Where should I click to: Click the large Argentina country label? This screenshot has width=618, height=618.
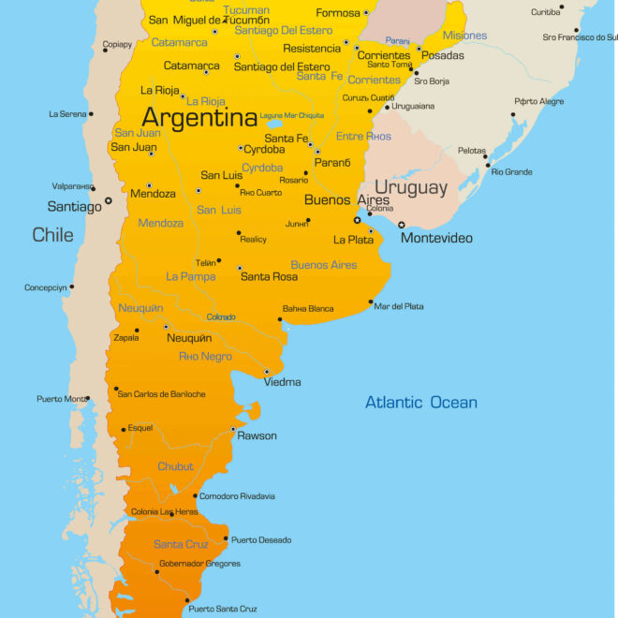coord(199,118)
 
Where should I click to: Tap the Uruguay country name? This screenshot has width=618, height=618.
coord(411,187)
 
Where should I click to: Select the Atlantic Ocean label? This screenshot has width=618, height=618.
coord(420,403)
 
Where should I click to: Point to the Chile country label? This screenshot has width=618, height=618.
coord(52,234)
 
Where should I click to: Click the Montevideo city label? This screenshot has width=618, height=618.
coord(436,238)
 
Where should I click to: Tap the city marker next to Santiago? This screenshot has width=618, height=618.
coord(109,199)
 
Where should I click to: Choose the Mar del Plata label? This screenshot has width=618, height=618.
coord(398,306)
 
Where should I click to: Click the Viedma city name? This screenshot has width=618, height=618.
coord(282,382)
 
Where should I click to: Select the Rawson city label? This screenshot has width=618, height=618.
coord(257,435)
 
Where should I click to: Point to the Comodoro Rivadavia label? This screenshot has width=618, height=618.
coord(237,496)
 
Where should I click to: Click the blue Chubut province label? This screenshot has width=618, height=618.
coord(175,466)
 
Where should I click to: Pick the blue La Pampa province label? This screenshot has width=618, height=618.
coord(191,276)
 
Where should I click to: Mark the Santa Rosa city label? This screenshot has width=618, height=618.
coord(269,276)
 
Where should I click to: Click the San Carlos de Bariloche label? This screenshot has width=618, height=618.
coord(161,394)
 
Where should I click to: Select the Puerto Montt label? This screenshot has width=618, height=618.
coord(62,399)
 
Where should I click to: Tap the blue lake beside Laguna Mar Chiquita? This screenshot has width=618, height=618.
coord(275,124)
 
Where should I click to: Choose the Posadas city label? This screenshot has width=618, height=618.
coord(442,56)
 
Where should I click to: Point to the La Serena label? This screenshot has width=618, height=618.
coord(67,114)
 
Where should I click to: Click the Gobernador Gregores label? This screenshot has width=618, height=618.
coord(199,564)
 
